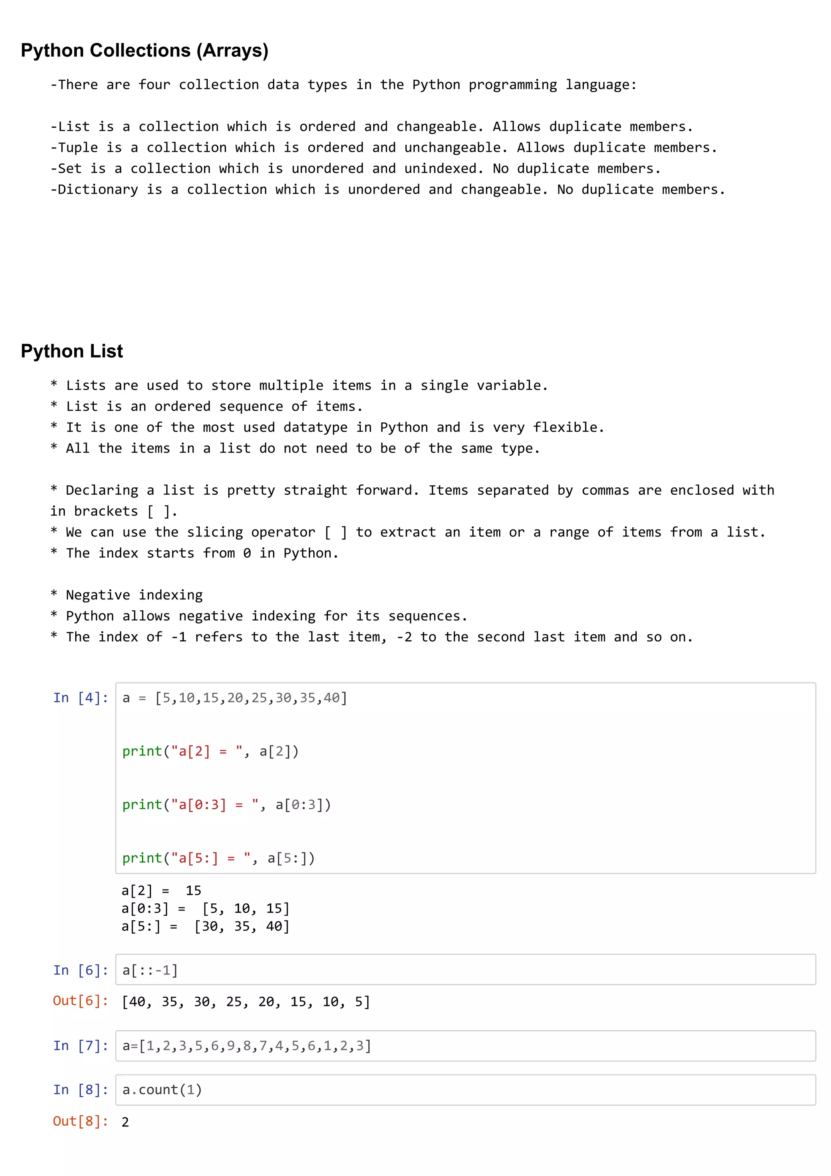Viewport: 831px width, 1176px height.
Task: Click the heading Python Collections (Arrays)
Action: point(144,51)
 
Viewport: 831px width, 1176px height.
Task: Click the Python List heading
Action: point(72,351)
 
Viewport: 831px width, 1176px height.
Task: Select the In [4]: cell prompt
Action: point(81,698)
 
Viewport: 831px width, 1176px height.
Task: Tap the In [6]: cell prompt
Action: point(81,970)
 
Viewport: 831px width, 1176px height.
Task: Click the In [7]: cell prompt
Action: point(81,1045)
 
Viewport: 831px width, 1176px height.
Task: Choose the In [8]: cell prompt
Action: point(81,1090)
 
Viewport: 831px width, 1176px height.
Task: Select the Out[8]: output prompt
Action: point(81,1121)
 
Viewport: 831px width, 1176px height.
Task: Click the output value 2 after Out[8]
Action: point(125,1122)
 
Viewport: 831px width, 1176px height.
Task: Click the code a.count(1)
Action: point(162,1090)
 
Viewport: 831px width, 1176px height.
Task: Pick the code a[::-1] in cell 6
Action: point(150,970)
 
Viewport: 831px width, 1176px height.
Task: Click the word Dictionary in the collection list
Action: point(98,190)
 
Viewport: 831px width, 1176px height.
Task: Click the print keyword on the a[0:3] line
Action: point(142,805)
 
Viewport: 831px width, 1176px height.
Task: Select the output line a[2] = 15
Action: point(161,891)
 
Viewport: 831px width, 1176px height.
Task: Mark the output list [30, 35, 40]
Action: point(242,926)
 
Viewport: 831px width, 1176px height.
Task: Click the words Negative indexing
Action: point(134,595)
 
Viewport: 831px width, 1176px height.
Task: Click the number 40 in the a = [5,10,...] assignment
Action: point(332,698)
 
